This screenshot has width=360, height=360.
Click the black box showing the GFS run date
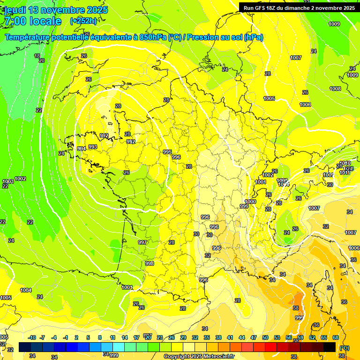tap(299, 7)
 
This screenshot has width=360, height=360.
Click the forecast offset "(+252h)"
tap(83, 21)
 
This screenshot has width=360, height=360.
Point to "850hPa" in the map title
tap(151, 37)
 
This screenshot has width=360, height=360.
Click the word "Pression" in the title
tap(202, 37)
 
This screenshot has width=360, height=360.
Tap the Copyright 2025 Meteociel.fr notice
tap(199, 356)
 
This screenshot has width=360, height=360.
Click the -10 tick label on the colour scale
tap(32, 337)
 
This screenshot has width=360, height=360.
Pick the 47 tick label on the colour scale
tap(254, 337)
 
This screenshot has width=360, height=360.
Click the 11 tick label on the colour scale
tap(112, 337)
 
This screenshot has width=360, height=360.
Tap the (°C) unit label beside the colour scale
tap(345, 348)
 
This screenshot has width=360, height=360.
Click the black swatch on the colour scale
tap(329, 347)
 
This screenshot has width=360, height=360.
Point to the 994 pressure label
tap(82, 149)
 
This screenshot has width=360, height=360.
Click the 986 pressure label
tap(205, 217)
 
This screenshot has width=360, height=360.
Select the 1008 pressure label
tap(335, 89)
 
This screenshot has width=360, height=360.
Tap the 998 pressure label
tap(150, 263)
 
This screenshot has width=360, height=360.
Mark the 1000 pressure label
tap(251, 202)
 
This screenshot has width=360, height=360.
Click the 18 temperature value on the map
tap(37, 56)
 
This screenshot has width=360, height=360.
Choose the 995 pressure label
tap(167, 152)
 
